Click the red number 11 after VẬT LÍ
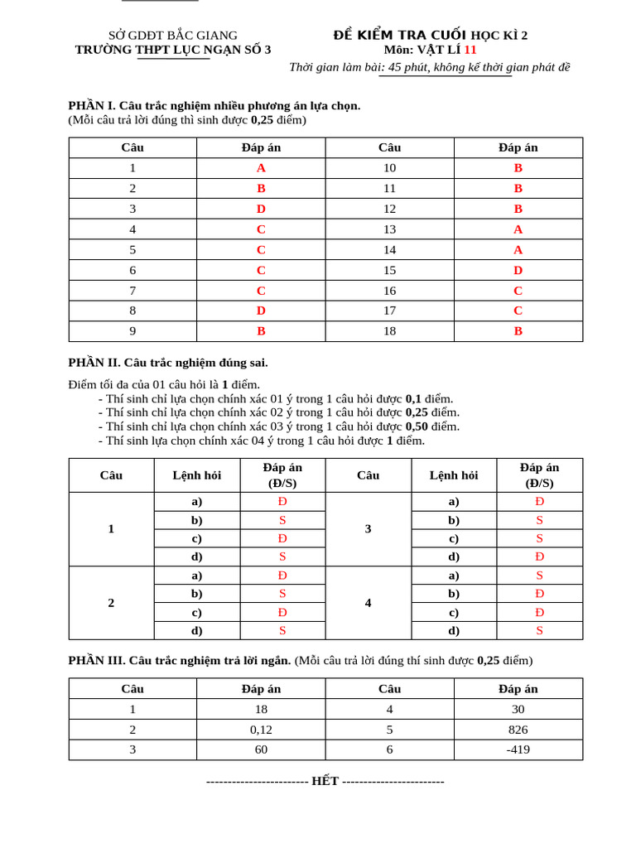(x=470, y=50)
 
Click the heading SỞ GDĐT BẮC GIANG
(x=173, y=36)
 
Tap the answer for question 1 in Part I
(x=261, y=168)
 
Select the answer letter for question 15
(x=518, y=270)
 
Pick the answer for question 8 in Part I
(x=261, y=311)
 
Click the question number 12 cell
(x=389, y=209)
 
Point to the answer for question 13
(x=518, y=229)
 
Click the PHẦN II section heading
(x=168, y=363)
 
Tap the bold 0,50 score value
(x=419, y=426)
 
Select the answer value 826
(x=518, y=730)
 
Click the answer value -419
(x=518, y=749)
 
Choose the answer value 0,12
(x=261, y=730)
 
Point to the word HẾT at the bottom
(x=325, y=782)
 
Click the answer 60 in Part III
(x=261, y=749)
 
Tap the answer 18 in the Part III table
(x=261, y=709)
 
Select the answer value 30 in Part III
(x=518, y=709)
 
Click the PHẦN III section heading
(x=179, y=661)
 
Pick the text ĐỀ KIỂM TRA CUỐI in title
(x=400, y=35)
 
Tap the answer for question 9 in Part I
(x=261, y=331)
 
